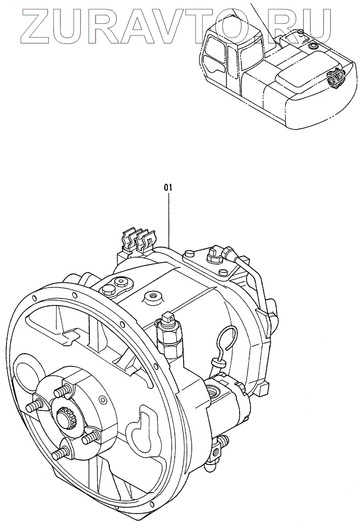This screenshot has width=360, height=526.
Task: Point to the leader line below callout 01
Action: point(168,219)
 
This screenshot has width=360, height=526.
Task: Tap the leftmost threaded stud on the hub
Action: point(32,407)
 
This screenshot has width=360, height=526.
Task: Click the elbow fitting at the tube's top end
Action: point(227,254)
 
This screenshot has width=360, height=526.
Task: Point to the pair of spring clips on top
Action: point(138,240)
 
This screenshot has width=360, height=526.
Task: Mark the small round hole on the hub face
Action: point(103,400)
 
